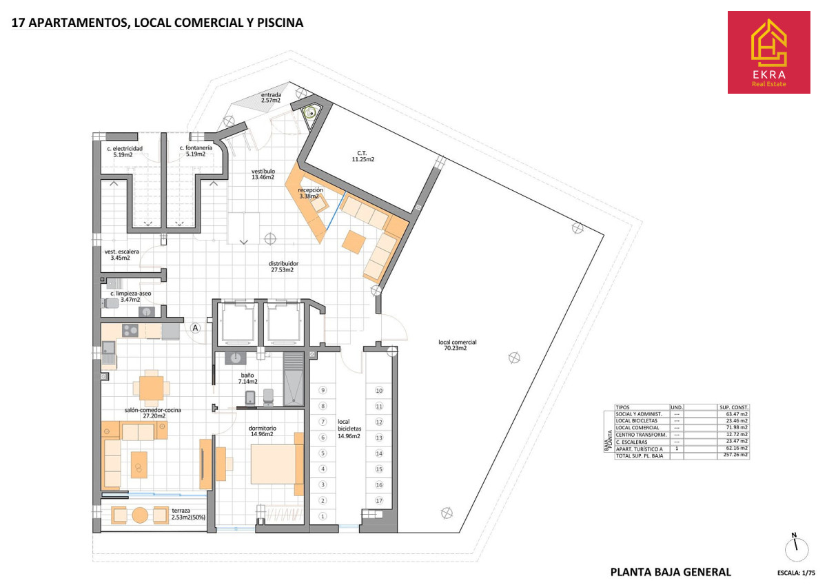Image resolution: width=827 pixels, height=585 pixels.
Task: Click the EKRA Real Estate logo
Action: [768, 52]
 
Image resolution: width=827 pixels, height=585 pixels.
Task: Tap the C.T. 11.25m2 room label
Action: [363, 156]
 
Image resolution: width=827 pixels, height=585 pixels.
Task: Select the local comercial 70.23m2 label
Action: [457, 345]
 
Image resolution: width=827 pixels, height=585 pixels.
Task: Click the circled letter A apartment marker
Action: [195, 328]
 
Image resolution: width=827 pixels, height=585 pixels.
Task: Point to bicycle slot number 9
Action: [323, 390]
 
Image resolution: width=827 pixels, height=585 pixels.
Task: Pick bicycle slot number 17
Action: [379, 500]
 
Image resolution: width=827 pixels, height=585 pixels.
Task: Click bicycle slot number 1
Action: [323, 516]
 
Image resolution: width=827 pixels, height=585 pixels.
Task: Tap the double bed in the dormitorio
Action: [277, 464]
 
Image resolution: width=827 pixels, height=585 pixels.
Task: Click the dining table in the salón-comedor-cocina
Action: [152, 389]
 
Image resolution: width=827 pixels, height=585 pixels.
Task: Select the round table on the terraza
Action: [140, 515]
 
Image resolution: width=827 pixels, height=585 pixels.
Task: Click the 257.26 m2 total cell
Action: [735, 454]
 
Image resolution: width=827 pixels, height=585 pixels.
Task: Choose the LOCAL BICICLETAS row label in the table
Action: [636, 421]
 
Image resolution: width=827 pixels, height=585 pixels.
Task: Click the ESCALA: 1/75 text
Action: [796, 573]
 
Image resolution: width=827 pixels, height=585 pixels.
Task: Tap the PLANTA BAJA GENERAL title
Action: [671, 572]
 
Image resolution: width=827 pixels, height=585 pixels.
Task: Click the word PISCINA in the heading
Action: [280, 23]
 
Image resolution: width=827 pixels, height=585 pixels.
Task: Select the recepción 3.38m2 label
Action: [310, 193]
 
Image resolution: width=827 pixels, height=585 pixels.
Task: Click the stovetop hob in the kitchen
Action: [130, 330]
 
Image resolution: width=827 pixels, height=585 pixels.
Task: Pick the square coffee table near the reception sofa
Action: [354, 242]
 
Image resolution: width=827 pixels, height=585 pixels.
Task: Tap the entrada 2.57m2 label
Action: [271, 97]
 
